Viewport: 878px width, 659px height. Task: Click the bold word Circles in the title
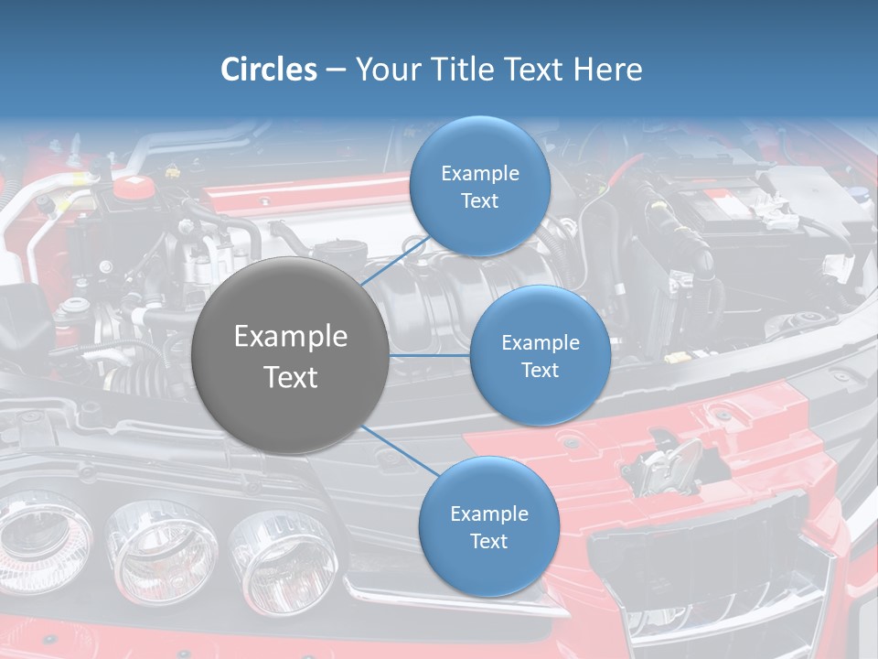pos(269,70)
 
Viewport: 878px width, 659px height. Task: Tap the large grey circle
pos(291,355)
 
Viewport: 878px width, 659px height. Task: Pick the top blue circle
pos(480,186)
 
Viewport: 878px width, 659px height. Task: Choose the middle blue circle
pos(540,355)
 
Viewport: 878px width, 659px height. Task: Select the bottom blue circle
pos(488,526)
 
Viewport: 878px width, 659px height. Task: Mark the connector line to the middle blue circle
pos(430,355)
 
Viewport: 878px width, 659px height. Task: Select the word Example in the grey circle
pos(291,337)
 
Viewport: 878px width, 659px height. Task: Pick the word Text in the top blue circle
pos(480,200)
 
